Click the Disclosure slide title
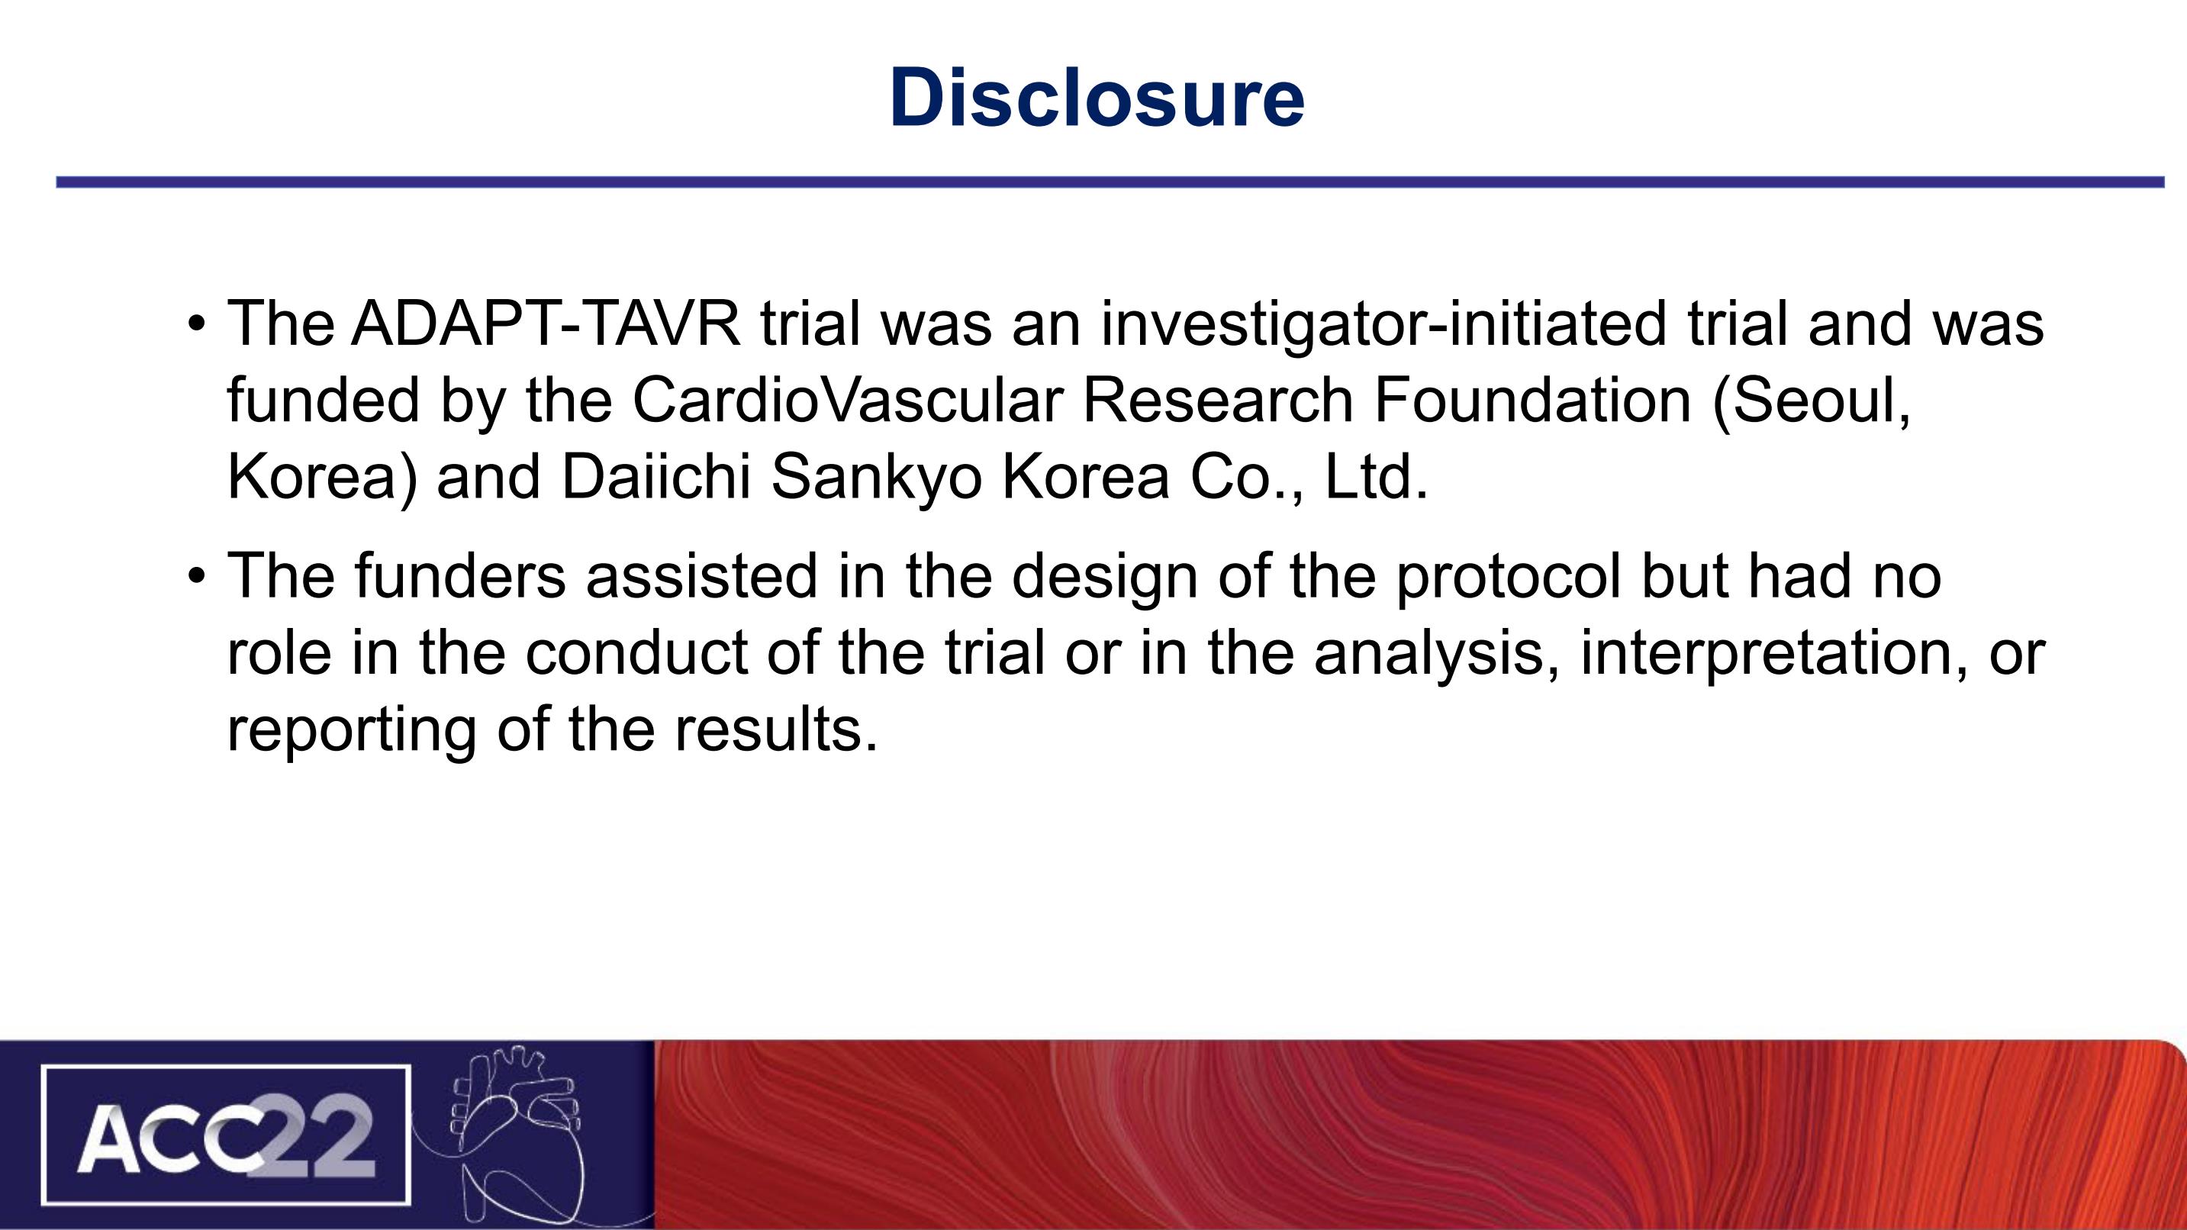(1096, 98)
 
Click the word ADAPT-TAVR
(546, 324)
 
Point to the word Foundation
(1532, 400)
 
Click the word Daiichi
(656, 476)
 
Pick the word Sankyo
(877, 477)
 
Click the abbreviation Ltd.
(1376, 476)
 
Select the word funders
(460, 575)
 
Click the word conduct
(636, 652)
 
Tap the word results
(776, 729)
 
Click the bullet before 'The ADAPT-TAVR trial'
(197, 324)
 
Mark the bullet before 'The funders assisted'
(197, 576)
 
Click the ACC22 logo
(226, 1135)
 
